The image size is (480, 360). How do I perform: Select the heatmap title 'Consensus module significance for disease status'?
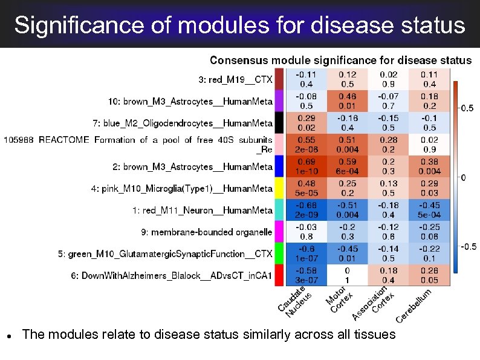[340, 61]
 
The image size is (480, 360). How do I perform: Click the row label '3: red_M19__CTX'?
[236, 79]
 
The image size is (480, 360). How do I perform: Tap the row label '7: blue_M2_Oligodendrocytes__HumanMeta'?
[183, 123]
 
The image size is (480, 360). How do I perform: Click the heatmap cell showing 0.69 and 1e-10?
[306, 166]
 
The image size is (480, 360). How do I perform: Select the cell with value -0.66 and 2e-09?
[306, 210]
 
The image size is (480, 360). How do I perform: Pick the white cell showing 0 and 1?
[347, 275]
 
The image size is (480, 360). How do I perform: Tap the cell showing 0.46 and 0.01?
[347, 101]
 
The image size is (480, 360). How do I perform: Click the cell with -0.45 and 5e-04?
[429, 210]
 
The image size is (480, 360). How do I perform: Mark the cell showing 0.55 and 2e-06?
[306, 145]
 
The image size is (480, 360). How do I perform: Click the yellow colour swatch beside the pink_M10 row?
[279, 188]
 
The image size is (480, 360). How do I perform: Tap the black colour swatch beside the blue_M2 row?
[279, 123]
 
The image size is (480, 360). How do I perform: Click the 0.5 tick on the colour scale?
[467, 109]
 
